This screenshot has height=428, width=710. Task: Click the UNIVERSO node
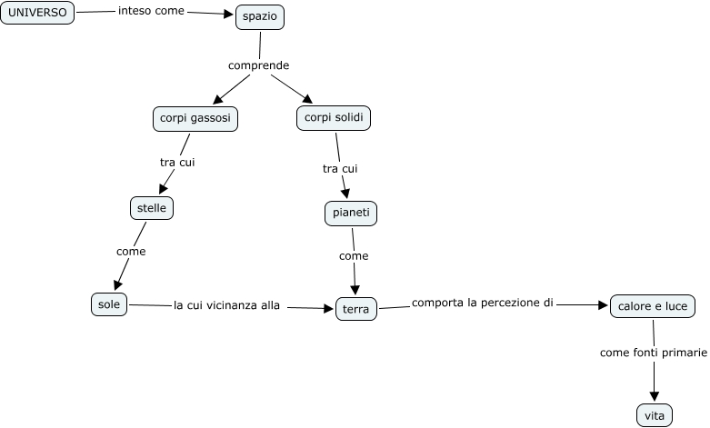(37, 13)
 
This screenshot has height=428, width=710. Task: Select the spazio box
(260, 17)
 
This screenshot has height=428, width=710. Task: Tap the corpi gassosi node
(195, 119)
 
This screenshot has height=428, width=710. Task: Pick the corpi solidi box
(334, 117)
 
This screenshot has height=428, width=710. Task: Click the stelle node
(151, 208)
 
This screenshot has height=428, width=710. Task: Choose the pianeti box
(350, 213)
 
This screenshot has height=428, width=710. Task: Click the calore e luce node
(652, 307)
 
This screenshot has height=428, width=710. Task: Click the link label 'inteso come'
(152, 12)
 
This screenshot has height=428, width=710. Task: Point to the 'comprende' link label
(258, 65)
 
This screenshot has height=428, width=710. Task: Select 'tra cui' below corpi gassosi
(177, 163)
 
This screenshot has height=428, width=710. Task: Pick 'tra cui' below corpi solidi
(340, 168)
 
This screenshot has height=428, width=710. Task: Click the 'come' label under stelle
(131, 251)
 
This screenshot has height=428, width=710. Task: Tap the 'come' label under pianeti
(354, 256)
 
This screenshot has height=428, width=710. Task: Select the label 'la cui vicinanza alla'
(226, 305)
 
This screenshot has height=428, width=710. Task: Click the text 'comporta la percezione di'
(482, 303)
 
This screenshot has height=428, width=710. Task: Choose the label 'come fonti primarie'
(653, 352)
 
